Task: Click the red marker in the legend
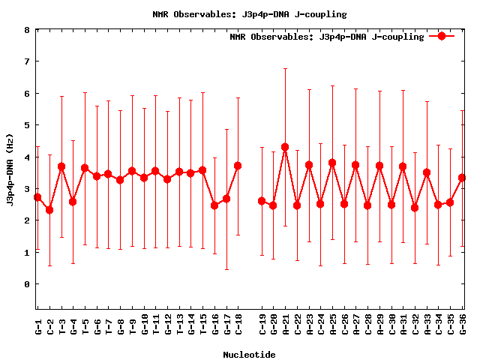[x=442, y=36]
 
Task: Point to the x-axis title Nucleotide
[x=249, y=354]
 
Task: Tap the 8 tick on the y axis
[x=27, y=30]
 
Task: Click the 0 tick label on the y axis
[x=27, y=284]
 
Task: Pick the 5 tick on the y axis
[x=27, y=125]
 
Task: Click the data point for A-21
[x=285, y=147]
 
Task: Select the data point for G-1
[x=37, y=197]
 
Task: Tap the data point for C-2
[x=49, y=210]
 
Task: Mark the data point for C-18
[x=238, y=166]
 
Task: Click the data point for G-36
[x=462, y=178]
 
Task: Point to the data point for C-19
[x=262, y=201]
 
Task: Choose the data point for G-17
[x=226, y=199]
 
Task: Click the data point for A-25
[x=332, y=163]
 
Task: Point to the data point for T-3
[x=61, y=166]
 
